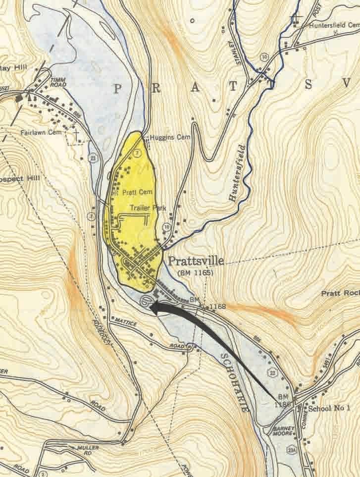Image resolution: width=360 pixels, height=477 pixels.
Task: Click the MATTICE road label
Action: tap(124, 322)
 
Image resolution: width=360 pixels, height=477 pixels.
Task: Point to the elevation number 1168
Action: tap(217, 308)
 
